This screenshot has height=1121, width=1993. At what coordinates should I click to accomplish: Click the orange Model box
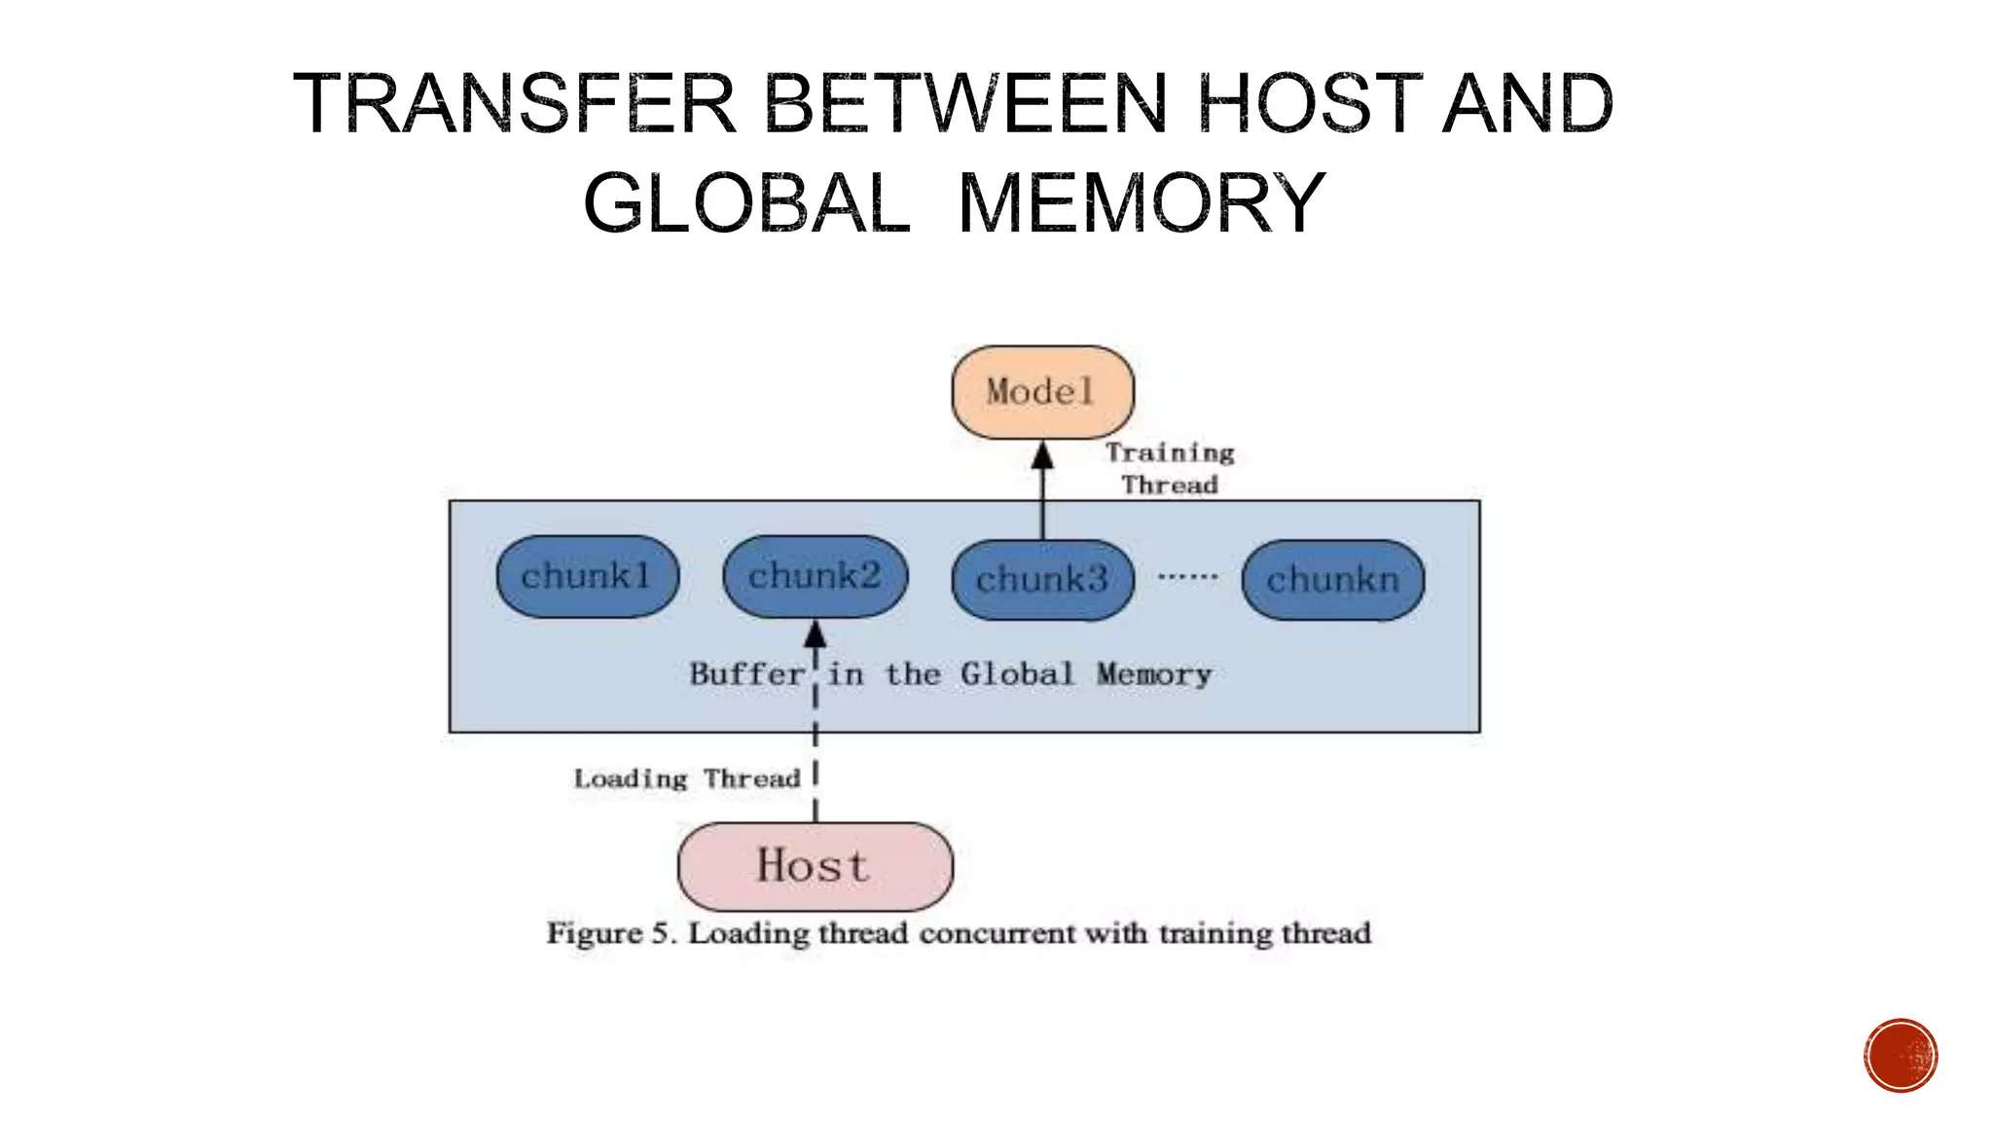pos(1042,392)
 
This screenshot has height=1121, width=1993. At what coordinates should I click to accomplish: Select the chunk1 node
pos(587,576)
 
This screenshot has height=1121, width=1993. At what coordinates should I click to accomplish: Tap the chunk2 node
pos(815,576)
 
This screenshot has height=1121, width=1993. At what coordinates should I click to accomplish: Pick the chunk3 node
pos(1042,580)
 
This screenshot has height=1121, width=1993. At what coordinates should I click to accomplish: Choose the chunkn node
pos(1332,580)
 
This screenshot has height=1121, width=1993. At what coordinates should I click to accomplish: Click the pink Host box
pos(815,866)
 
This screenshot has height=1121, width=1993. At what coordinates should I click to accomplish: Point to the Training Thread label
pos(1170,468)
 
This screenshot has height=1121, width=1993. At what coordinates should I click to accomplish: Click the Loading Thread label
pos(687,778)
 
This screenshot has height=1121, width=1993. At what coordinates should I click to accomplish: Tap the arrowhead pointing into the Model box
pos(1042,455)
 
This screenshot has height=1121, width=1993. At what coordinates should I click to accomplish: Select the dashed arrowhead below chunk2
pos(815,635)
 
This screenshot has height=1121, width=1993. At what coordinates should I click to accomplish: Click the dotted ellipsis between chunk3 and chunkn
pos(1187,576)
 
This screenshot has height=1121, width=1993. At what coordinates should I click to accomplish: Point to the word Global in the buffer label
pos(1017,673)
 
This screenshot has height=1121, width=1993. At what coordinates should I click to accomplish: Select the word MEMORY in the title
pos(1141,203)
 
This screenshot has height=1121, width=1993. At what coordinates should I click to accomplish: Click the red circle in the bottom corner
pos(1901,1056)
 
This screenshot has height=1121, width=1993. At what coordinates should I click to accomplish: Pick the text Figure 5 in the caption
pos(609,933)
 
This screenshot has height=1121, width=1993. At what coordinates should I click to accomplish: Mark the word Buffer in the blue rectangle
pos(746,673)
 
